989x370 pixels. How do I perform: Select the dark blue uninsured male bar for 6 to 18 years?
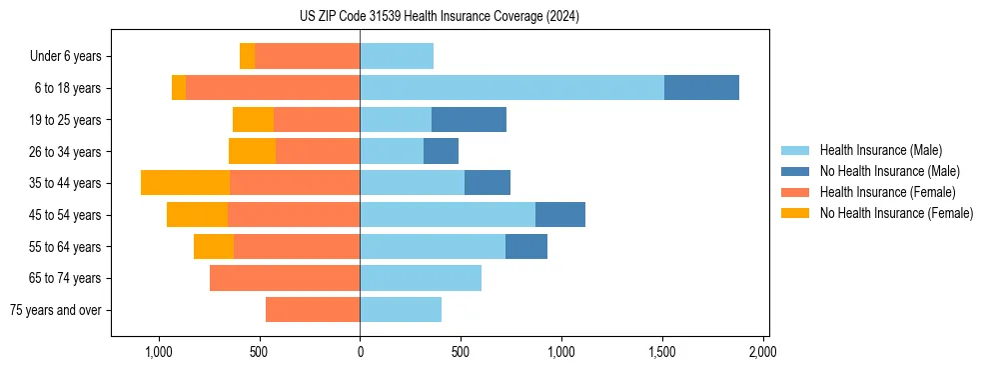point(701,88)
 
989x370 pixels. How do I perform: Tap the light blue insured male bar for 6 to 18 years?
point(511,88)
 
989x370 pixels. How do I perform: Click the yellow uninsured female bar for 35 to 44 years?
point(185,183)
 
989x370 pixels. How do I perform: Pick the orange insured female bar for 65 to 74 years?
point(285,278)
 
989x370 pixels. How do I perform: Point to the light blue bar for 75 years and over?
point(401,310)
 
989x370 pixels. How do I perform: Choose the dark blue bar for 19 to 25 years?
point(469,120)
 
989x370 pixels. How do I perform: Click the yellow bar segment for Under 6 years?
point(247,56)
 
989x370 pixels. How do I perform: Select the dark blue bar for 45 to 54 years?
point(560,215)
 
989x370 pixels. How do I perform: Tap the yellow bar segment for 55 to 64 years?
point(214,247)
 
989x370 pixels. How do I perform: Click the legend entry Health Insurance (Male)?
point(880,150)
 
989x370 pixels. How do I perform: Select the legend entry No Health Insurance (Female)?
point(895,213)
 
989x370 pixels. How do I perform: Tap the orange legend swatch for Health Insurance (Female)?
point(795,192)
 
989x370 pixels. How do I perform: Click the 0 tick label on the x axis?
point(360,353)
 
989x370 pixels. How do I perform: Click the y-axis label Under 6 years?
point(66,56)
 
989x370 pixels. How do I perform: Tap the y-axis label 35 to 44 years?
point(66,183)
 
